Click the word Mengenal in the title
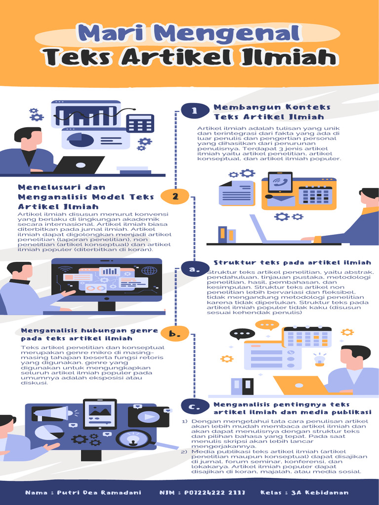tap(228, 33)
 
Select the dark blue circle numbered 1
tap(195, 111)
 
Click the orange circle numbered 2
tap(175, 196)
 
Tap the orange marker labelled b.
tap(175, 333)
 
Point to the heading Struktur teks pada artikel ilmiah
tap(293, 262)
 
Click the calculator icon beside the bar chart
tap(140, 124)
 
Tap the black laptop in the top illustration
tap(79, 165)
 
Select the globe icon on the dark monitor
tap(149, 271)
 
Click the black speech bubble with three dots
tap(242, 334)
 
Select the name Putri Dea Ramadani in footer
tap(99, 493)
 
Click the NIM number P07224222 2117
tap(215, 493)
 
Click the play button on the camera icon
tap(149, 417)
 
